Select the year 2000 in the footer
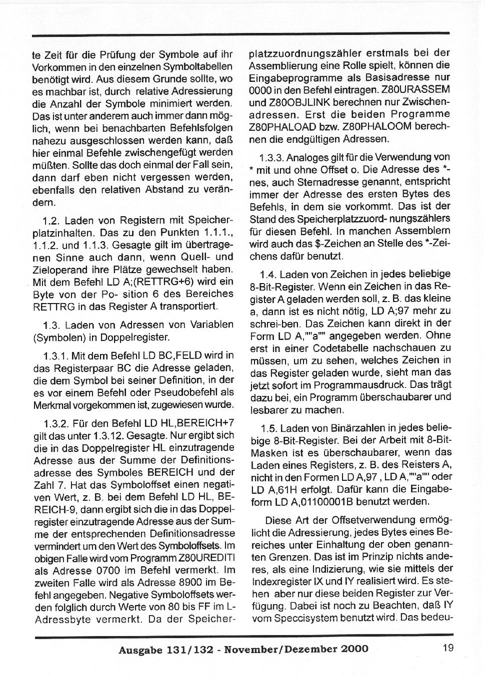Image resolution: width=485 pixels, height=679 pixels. (354, 649)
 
